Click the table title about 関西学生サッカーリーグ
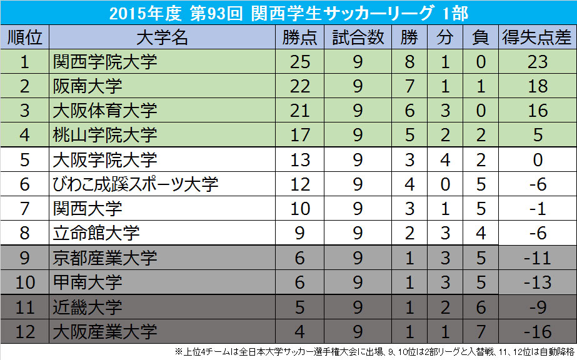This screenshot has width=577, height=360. (x=288, y=12)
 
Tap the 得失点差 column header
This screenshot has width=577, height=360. (x=538, y=37)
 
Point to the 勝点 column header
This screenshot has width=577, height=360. (x=300, y=37)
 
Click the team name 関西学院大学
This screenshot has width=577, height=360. (x=104, y=62)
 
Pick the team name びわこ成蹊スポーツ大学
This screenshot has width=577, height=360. (x=136, y=184)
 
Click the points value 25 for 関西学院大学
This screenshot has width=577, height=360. (x=300, y=62)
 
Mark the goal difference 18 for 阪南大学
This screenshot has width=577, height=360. (x=538, y=86)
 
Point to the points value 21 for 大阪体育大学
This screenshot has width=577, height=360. (x=300, y=111)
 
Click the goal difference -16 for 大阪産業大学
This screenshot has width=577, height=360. (x=538, y=331)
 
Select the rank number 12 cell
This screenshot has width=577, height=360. (x=24, y=331)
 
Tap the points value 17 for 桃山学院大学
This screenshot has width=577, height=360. (x=300, y=135)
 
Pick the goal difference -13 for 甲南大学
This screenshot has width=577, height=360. (x=538, y=282)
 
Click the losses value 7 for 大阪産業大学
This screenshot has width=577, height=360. (x=481, y=331)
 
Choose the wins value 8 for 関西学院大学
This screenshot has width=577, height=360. (x=409, y=62)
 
